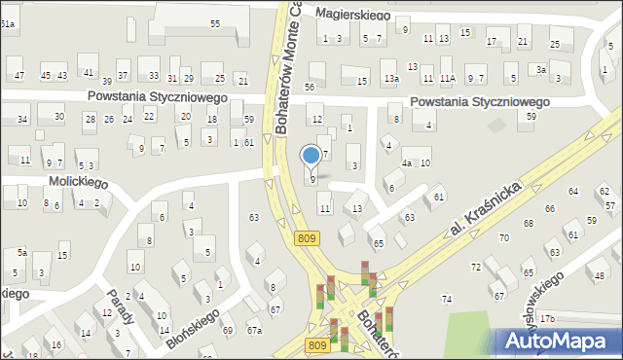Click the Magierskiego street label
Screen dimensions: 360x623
351,16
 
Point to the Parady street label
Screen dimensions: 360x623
120,308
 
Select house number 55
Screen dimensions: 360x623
215,23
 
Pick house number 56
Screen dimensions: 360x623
310,88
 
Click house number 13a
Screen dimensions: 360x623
390,78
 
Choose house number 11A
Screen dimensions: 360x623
448,78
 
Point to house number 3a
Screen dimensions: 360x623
540,70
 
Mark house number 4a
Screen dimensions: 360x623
407,162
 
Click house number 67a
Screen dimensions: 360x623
254,331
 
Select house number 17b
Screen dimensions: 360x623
547,318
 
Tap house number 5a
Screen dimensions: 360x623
21,252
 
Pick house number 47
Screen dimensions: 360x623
19,75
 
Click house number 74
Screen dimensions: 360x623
447,299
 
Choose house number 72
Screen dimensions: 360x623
476,267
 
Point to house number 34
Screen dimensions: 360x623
21,120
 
